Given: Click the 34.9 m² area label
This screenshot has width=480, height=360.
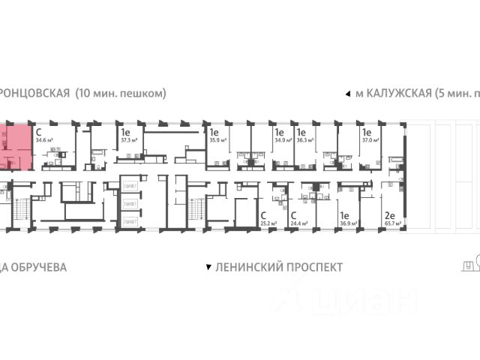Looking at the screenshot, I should point(283,139).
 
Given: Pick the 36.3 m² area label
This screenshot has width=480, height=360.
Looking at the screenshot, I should point(305,139).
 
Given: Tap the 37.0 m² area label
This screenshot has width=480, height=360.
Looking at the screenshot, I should point(371,139).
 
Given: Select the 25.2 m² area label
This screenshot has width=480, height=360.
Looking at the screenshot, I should point(268,223).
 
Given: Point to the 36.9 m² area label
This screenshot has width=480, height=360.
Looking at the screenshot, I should point(349,223).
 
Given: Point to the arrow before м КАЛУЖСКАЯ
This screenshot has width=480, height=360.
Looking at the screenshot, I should point(346,94).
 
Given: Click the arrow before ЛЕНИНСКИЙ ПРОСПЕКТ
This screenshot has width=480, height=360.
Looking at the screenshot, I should point(208,267).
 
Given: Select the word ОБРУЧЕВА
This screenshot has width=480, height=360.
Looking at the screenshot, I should point(37,267).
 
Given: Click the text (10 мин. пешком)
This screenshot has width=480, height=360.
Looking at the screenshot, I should point(121,94).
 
